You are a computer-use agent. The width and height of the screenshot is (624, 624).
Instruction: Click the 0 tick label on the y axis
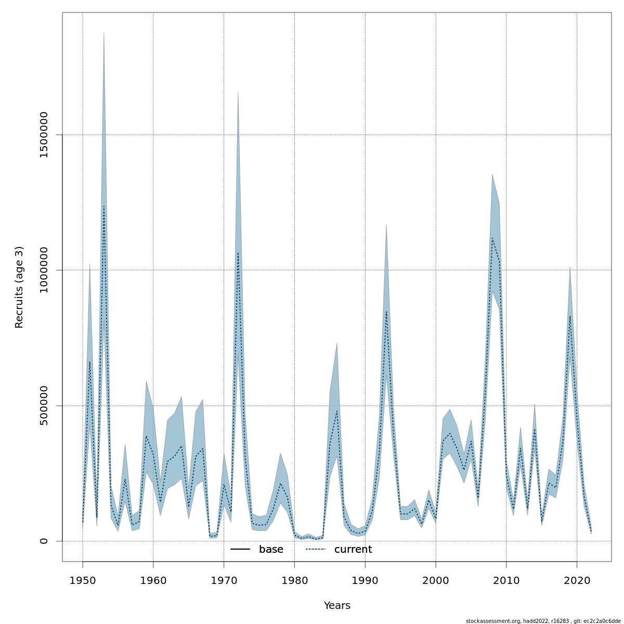44,541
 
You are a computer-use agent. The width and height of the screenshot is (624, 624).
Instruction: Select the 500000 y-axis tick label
44,406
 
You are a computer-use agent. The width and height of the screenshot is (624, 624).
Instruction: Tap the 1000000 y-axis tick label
44,270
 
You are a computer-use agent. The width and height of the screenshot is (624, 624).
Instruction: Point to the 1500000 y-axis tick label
44,135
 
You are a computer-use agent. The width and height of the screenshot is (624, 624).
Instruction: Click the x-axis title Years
337,606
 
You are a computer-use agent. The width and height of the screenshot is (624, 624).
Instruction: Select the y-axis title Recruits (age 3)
19,287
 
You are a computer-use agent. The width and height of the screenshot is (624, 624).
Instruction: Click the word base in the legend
271,550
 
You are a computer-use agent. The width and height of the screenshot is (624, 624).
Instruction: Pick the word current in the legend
353,550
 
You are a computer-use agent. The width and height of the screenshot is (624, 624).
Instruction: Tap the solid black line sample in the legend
240,550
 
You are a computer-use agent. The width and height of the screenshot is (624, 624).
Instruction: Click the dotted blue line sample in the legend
315,550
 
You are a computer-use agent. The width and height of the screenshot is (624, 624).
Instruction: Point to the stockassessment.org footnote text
543,621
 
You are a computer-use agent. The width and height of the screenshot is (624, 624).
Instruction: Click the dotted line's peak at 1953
104,206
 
